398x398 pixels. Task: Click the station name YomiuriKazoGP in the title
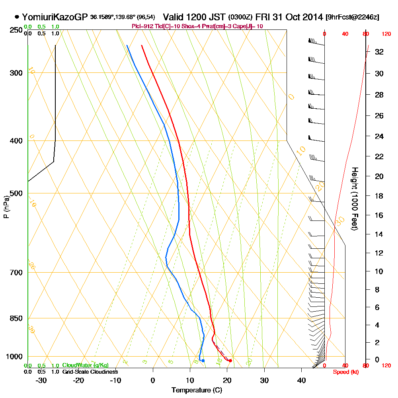(x=55, y=17)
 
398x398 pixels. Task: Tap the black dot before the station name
(x=17, y=17)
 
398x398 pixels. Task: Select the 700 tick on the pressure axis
(x=16, y=273)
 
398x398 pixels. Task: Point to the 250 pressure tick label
(x=16, y=30)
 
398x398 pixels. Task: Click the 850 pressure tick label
(x=16, y=318)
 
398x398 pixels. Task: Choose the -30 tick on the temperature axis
(x=41, y=380)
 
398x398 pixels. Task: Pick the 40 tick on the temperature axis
(x=301, y=380)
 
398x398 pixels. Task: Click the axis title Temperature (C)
(x=197, y=390)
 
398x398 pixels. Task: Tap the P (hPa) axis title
(x=6, y=207)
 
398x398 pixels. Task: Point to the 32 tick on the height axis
(x=379, y=52)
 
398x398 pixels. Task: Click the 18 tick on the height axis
(x=379, y=196)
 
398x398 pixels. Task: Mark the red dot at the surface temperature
(x=230, y=361)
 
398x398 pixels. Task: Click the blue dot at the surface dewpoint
(x=203, y=361)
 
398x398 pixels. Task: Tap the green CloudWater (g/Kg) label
(x=85, y=365)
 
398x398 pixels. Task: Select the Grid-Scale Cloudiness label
(x=90, y=372)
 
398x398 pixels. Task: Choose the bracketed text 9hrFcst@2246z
(x=352, y=17)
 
